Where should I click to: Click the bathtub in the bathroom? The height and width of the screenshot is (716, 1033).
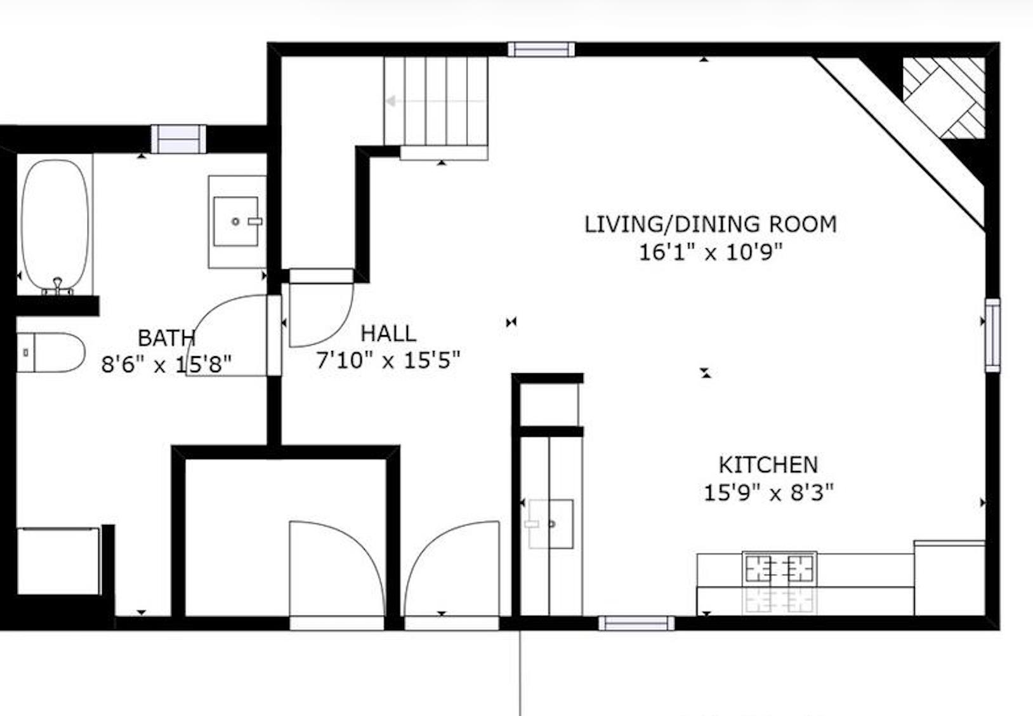55,225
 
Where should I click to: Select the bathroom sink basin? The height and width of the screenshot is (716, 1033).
235,222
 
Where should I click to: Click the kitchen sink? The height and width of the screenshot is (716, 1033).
551,524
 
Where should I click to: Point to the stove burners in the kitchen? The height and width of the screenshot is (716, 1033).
779,568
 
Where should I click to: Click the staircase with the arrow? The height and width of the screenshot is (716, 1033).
435,102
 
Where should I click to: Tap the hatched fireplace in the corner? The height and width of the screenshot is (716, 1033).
944,98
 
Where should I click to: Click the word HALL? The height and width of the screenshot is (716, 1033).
388,334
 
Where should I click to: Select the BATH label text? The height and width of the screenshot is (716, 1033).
166,338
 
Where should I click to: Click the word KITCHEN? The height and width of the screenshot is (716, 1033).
768,465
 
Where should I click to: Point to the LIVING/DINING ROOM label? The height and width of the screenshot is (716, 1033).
710,225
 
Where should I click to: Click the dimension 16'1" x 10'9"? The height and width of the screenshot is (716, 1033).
710,253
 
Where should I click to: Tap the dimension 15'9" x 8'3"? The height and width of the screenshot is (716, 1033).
768,493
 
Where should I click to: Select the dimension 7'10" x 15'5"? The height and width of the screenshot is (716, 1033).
388,361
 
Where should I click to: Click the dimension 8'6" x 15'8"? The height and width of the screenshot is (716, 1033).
166,365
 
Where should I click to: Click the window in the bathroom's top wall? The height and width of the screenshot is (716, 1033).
178,139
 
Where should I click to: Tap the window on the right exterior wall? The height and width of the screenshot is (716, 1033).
992,335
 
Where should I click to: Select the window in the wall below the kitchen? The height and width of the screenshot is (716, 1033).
636,623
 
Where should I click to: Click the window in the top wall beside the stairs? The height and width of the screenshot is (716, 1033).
541,50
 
